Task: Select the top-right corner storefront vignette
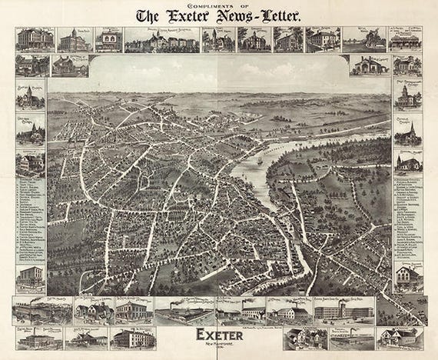[404, 40]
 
